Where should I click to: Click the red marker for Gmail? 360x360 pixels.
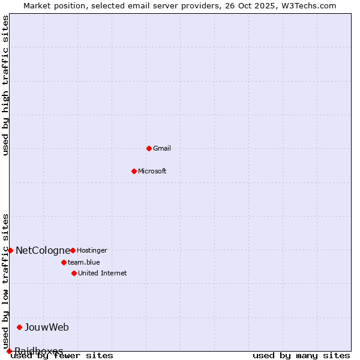tap(149, 148)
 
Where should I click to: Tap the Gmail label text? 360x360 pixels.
tap(162, 148)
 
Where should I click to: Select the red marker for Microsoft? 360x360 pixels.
tap(134, 171)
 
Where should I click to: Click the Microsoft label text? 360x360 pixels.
tap(152, 171)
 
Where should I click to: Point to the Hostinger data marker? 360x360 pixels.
tap(73, 250)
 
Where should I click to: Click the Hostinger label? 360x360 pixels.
tap(92, 250)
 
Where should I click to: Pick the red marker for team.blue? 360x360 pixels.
tap(64, 262)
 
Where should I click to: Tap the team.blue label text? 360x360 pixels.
tap(84, 262)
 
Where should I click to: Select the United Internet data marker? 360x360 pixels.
tap(74, 273)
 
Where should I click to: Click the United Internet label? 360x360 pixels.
tap(103, 273)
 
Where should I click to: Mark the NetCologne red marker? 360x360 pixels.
tap(10, 250)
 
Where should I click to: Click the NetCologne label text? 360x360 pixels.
tap(43, 250)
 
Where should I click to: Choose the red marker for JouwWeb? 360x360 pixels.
tap(19, 327)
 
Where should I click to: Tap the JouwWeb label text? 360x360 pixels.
tap(47, 327)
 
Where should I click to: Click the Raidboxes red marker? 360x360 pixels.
tap(9, 351)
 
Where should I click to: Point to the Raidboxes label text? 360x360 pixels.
tap(39, 351)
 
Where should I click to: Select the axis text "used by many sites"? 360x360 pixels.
tap(301, 356)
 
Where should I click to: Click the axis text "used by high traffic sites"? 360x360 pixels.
tap(6, 85)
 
